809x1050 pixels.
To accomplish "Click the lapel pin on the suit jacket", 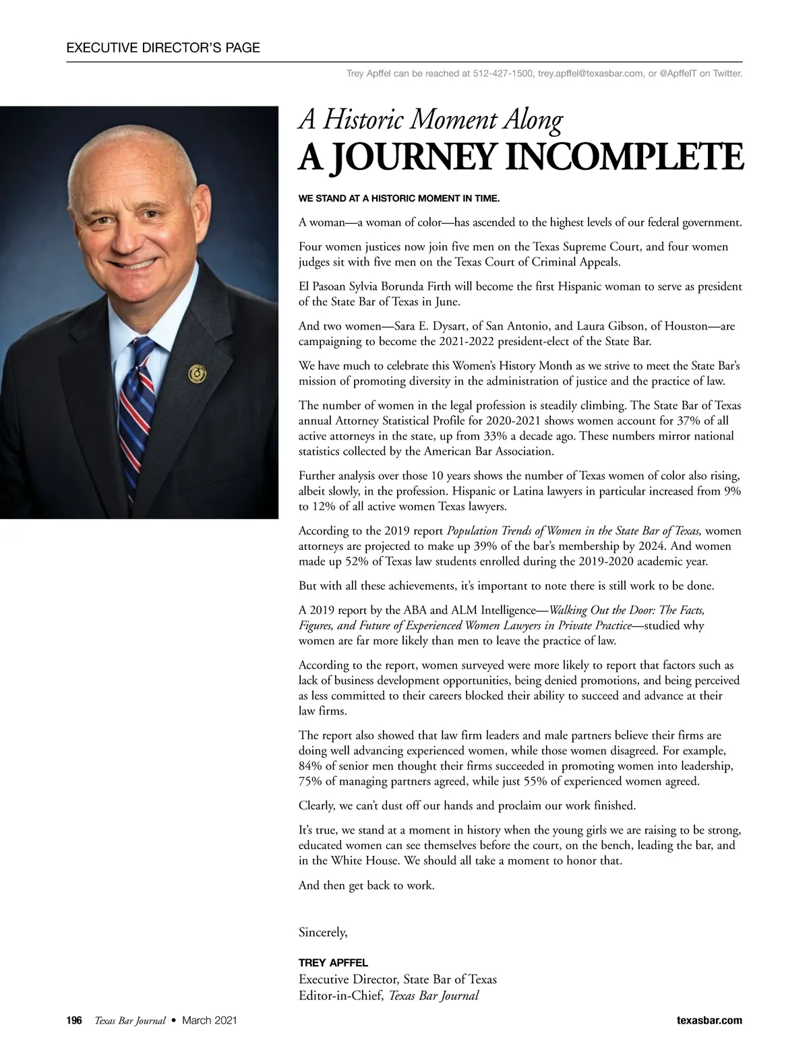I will [x=197, y=372].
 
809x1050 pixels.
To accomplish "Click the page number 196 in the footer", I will [x=73, y=1020].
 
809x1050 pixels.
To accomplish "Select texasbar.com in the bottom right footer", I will [x=709, y=1020].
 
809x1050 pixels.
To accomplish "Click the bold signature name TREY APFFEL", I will [x=333, y=963].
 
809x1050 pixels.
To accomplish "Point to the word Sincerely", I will [x=323, y=933].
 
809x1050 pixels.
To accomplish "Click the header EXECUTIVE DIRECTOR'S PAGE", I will [x=163, y=48].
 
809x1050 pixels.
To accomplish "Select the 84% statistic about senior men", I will [x=311, y=766].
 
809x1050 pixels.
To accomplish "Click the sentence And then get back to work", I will [x=366, y=886].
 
